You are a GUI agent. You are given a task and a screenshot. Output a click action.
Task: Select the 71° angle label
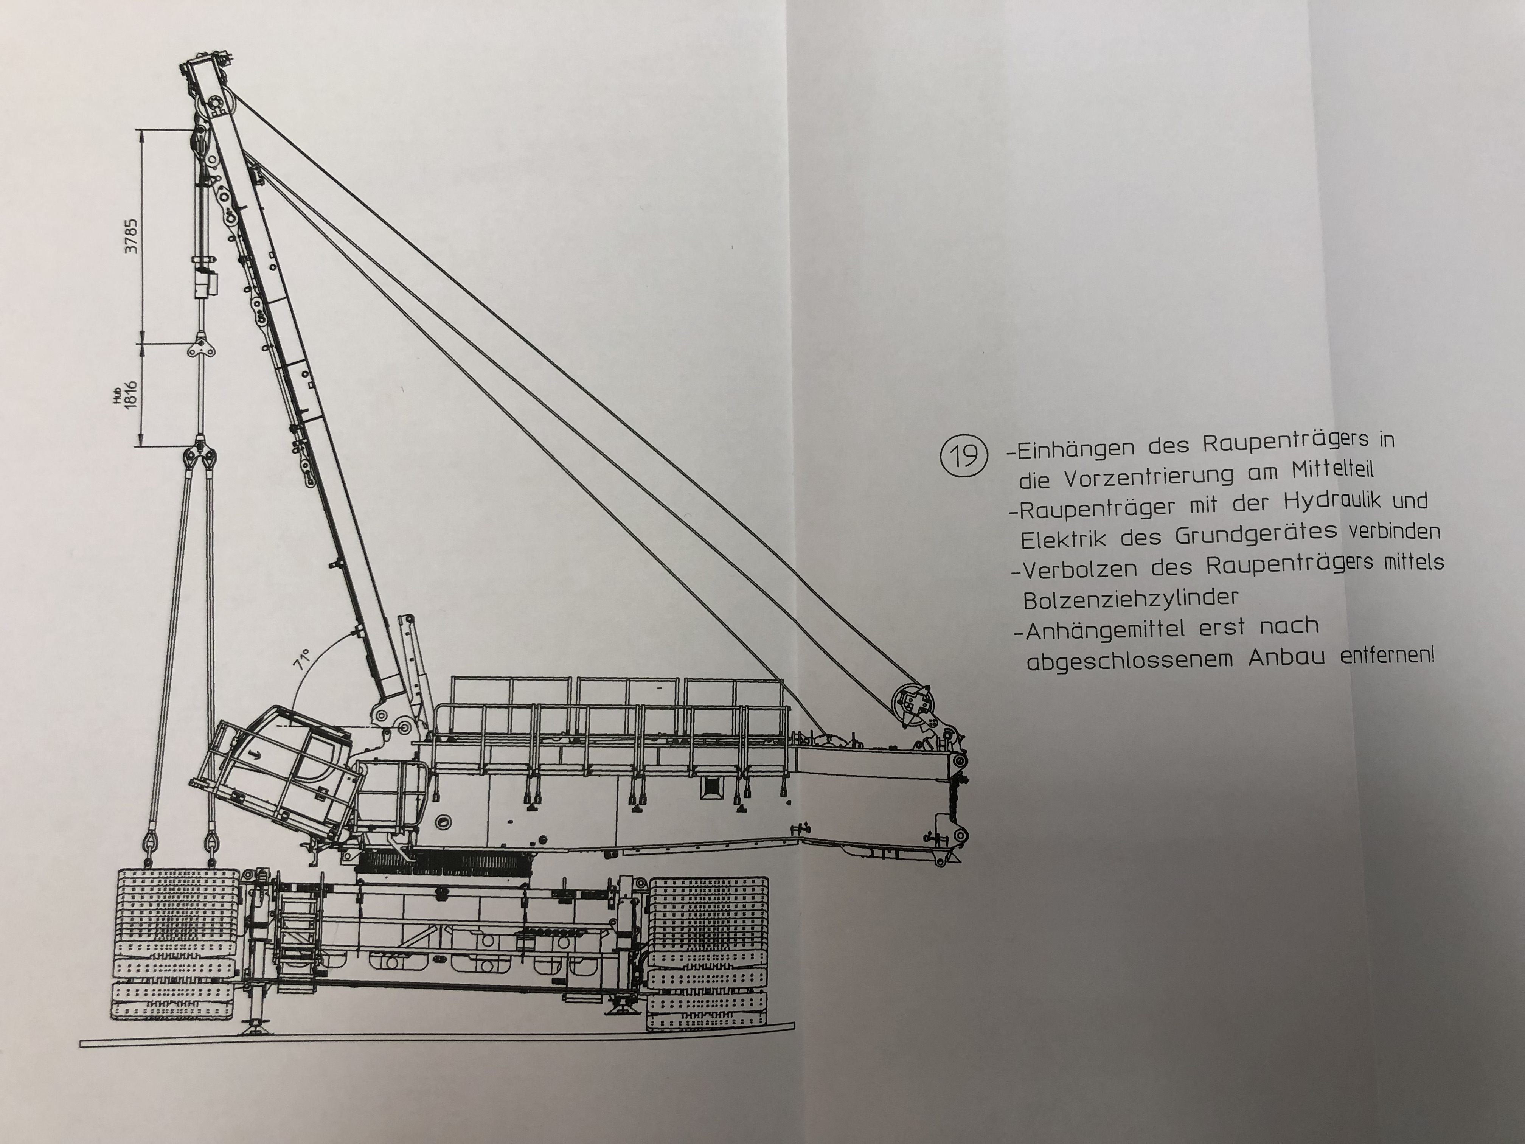(x=302, y=659)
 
